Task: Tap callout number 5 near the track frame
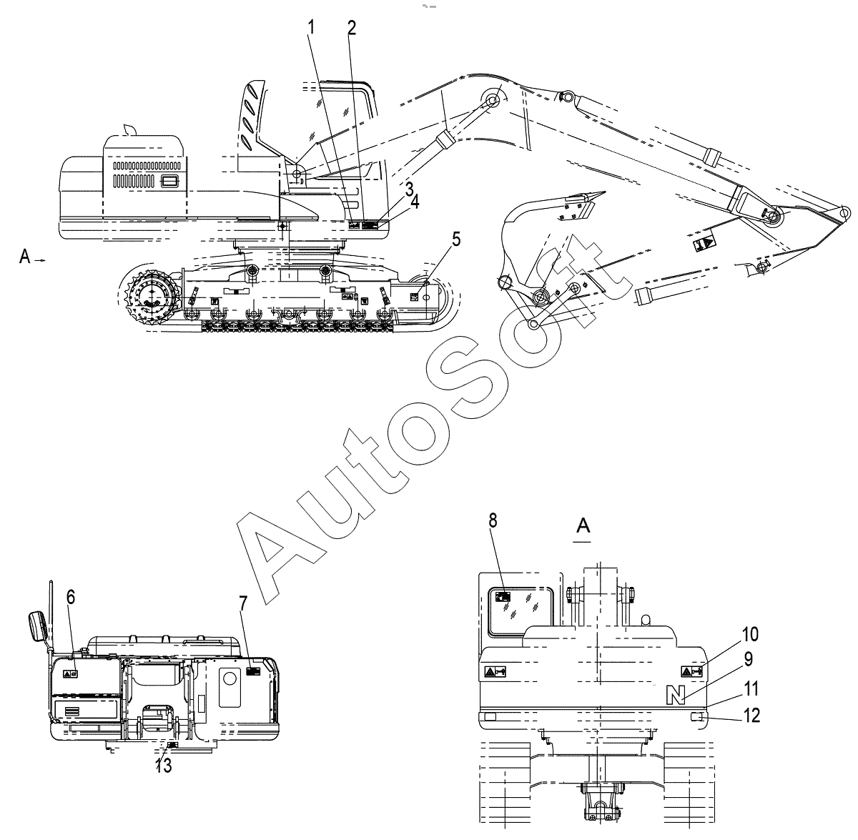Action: click(456, 239)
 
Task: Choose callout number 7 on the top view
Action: click(243, 603)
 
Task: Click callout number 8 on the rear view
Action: click(493, 520)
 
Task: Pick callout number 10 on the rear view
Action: click(750, 634)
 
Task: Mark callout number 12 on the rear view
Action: click(750, 714)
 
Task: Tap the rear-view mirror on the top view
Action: click(36, 626)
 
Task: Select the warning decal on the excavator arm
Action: click(702, 243)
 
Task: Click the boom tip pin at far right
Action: click(846, 212)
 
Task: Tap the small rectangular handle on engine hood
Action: click(169, 181)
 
